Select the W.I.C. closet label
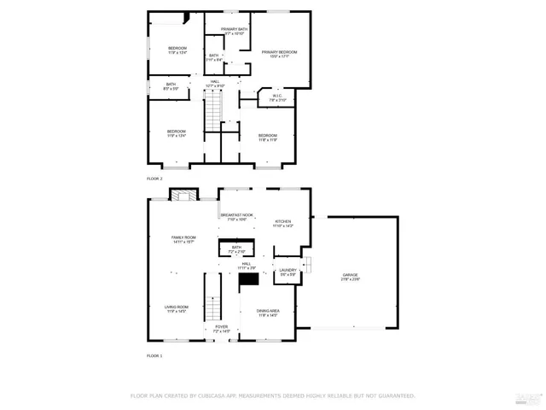(276, 98)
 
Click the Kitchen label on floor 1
(282, 223)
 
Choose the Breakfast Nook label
(236, 217)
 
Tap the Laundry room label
(288, 272)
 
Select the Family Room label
(183, 239)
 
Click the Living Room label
(177, 308)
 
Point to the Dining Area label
(269, 313)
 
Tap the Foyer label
(221, 328)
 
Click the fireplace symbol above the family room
(180, 195)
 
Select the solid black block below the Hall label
(248, 278)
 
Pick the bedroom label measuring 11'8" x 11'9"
(268, 137)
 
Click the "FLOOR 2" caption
(154, 179)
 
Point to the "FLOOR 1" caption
(154, 354)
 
